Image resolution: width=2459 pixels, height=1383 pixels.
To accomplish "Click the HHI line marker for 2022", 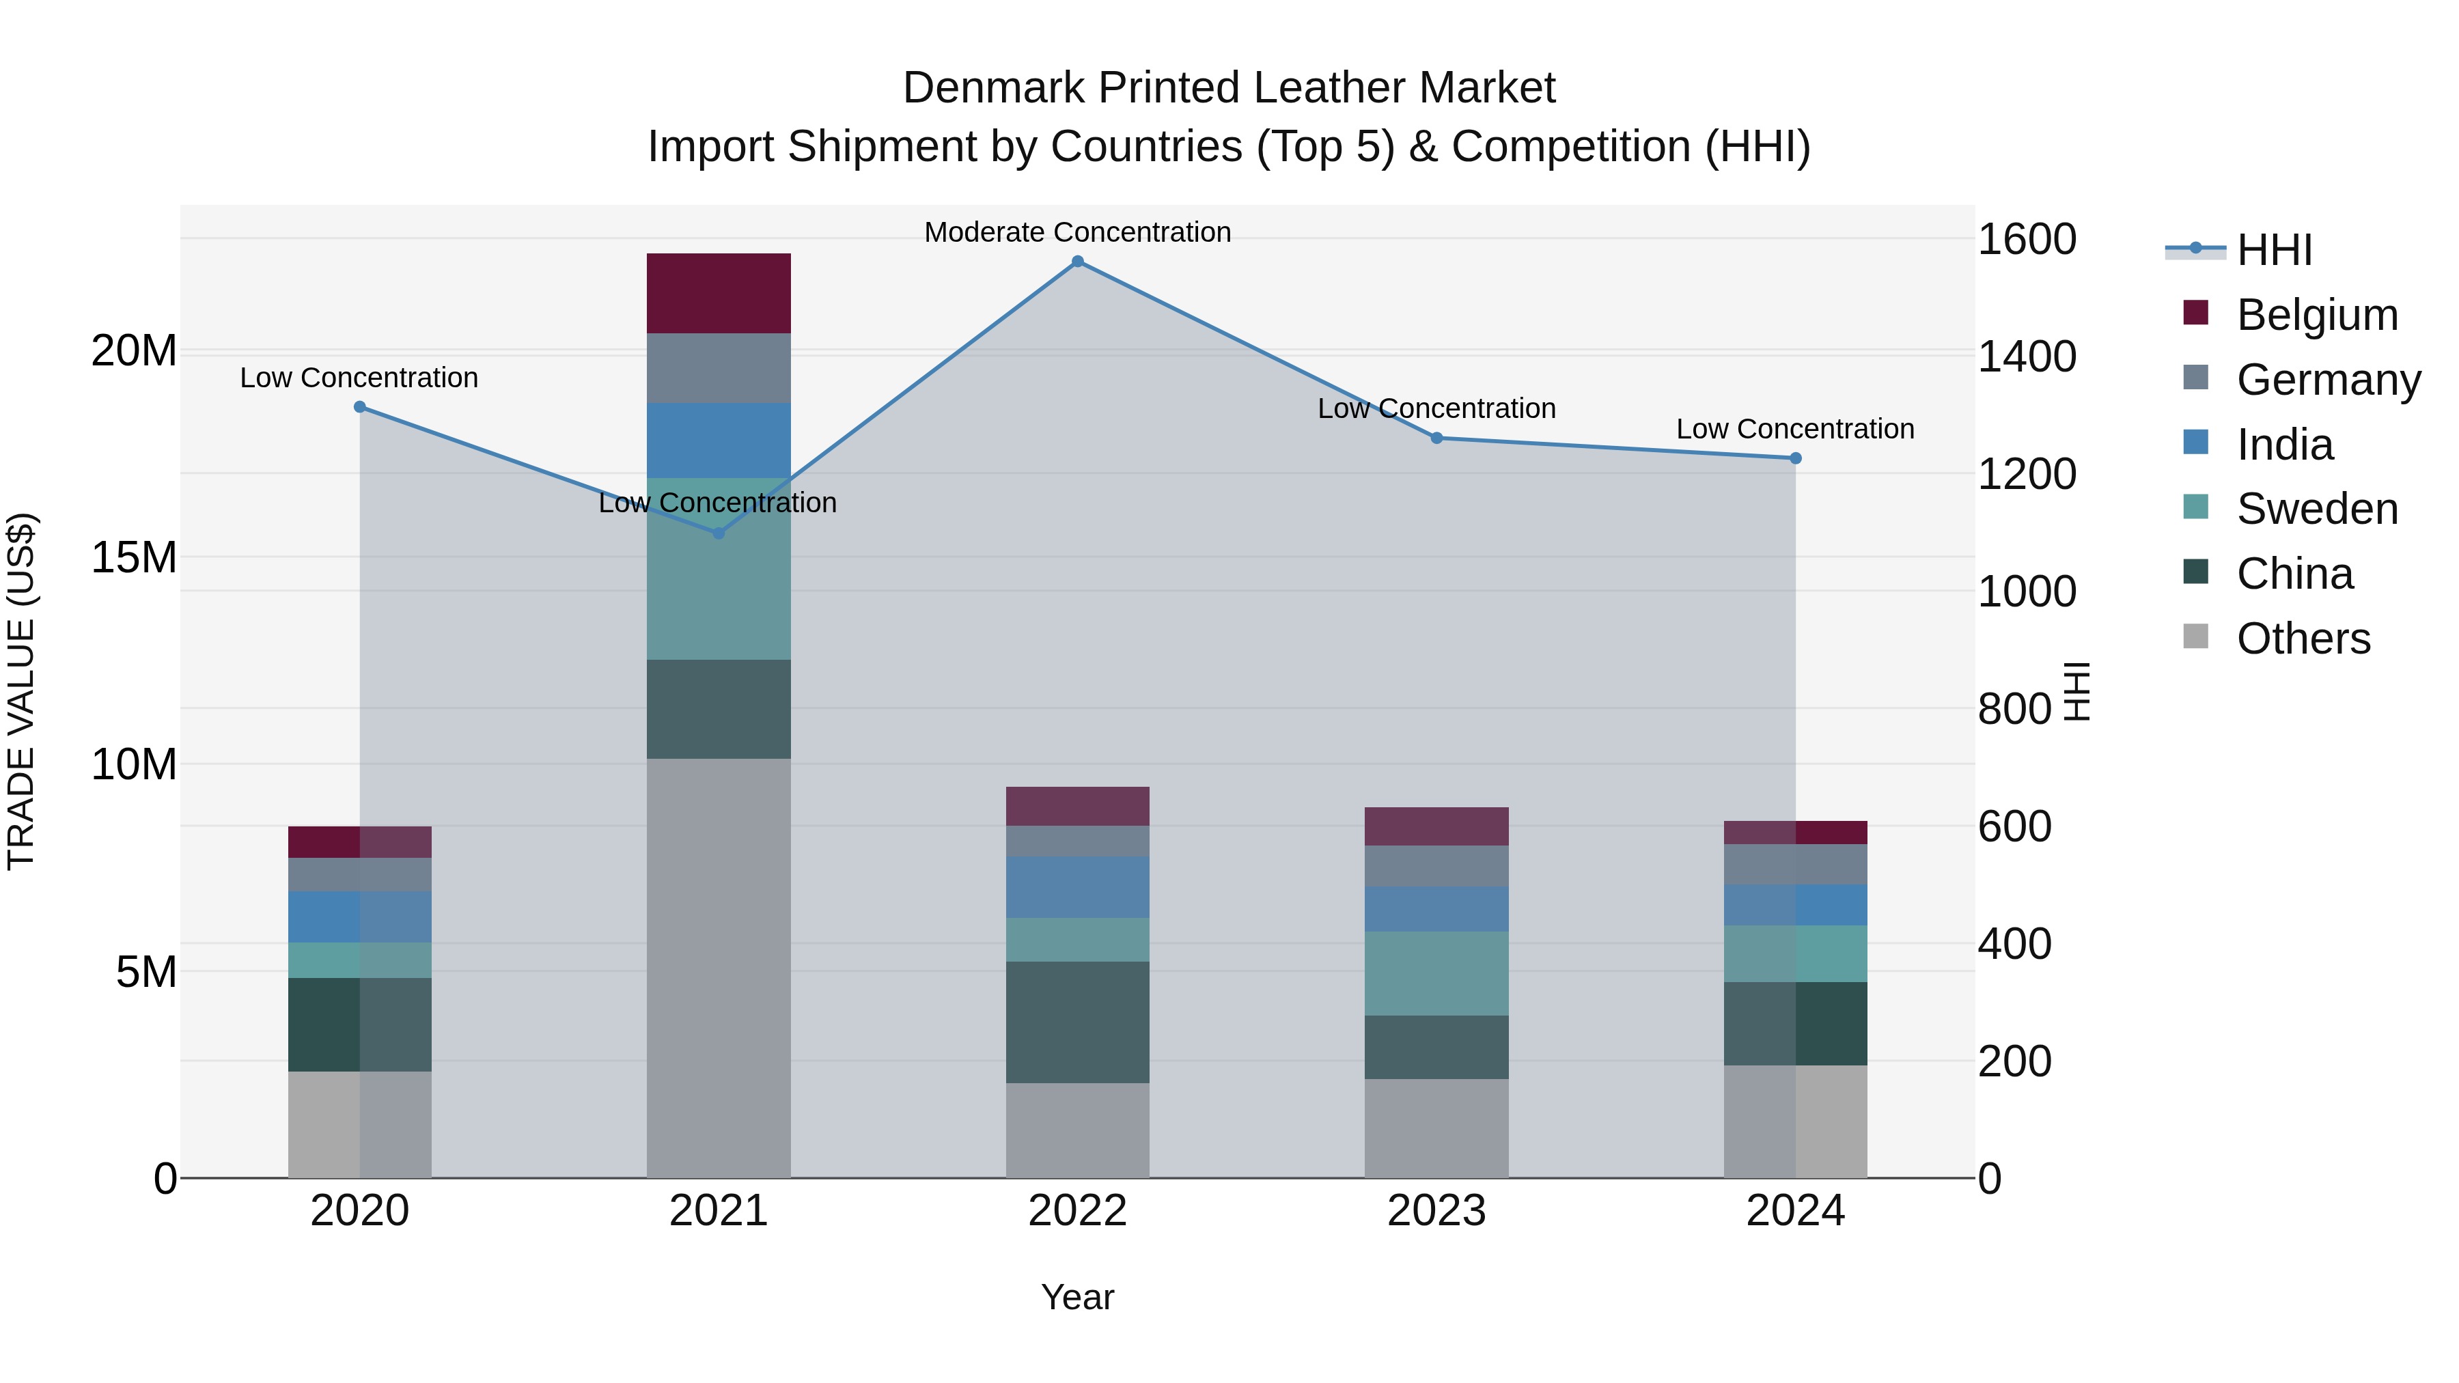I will pos(1078,262).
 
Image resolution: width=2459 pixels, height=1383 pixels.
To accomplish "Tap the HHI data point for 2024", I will pos(1796,459).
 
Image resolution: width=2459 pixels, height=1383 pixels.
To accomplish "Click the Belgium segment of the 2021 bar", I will pos(719,293).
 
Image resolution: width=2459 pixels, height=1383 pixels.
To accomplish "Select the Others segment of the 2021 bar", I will pos(719,968).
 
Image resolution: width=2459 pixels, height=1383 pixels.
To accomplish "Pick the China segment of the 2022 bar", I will pos(1078,1022).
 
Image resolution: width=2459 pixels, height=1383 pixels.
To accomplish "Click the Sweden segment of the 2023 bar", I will pos(1436,973).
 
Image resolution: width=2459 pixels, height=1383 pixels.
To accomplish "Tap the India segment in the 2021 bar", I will pos(719,440).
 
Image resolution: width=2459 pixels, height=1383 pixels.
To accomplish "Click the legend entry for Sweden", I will pos(2317,509).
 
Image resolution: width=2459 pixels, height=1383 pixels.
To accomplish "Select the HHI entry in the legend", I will pos(2274,250).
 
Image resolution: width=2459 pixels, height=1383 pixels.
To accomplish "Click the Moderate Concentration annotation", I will pos(1078,233).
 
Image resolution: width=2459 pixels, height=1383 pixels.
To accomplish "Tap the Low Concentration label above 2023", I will pos(1436,408).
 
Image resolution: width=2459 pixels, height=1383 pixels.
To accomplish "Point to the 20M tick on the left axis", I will pos(134,351).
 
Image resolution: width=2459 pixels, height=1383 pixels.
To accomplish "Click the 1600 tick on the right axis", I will pos(2027,240).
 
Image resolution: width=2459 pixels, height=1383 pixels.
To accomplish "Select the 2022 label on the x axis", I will pos(1078,1211).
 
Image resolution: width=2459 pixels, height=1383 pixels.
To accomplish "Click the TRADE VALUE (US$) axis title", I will pos(22,691).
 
